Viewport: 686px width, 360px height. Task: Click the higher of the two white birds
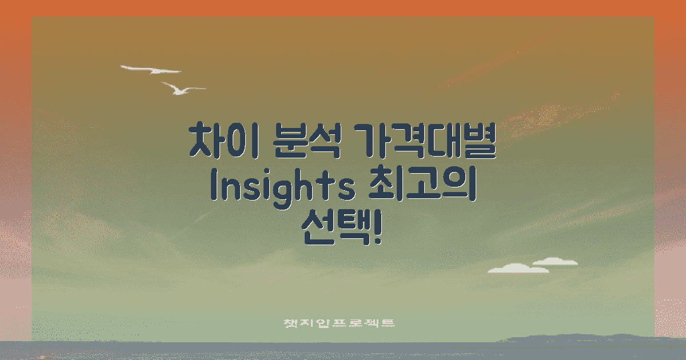pyautogui.click(x=151, y=70)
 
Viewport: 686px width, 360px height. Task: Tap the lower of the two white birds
pyautogui.click(x=182, y=88)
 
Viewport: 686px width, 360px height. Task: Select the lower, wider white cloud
pyautogui.click(x=518, y=268)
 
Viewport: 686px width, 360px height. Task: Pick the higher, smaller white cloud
pyautogui.click(x=555, y=262)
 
